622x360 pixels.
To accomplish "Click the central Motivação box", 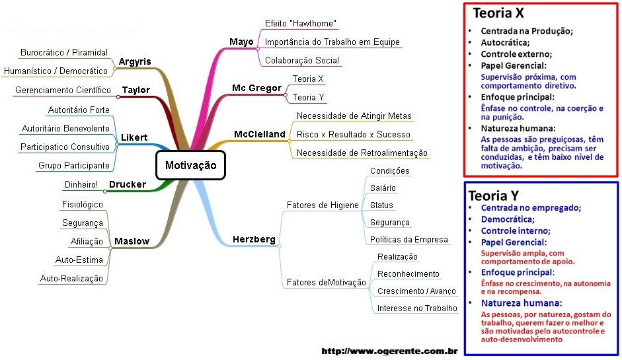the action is click(x=191, y=165).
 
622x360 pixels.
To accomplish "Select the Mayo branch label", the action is click(x=241, y=42).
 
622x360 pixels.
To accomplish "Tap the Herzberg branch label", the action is click(x=254, y=239).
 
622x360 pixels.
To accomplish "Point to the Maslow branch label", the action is click(x=132, y=241).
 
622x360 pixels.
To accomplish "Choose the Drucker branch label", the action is click(x=128, y=184).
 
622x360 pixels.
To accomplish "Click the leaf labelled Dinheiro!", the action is click(x=81, y=184).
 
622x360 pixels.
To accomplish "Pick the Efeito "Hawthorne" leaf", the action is click(x=301, y=23).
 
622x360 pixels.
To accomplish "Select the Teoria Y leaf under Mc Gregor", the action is click(x=308, y=97).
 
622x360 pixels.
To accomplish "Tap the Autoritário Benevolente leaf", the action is click(x=65, y=128).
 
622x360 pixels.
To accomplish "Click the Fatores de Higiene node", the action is click(x=323, y=205).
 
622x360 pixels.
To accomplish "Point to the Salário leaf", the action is click(x=383, y=188).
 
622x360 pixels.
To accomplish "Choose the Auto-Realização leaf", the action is click(x=71, y=278).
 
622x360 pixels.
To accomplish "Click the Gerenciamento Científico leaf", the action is click(x=63, y=90).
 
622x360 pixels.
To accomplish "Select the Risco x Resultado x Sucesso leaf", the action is click(x=354, y=134).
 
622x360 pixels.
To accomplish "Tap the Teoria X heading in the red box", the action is click(x=498, y=13).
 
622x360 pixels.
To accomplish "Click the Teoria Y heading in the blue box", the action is click(x=494, y=196).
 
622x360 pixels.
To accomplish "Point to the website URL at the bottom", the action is click(x=389, y=351).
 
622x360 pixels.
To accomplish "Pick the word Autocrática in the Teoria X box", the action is click(x=505, y=42).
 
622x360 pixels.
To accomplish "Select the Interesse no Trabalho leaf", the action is click(x=417, y=308).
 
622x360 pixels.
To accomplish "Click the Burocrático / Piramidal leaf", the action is click(x=64, y=52).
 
